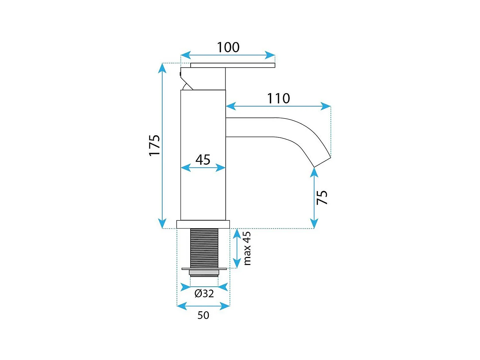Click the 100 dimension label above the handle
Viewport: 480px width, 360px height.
(x=228, y=47)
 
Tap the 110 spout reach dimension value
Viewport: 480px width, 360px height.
(x=279, y=99)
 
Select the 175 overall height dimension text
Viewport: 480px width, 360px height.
(x=155, y=145)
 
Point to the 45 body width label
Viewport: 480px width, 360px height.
(x=203, y=159)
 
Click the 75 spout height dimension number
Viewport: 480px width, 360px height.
(x=322, y=197)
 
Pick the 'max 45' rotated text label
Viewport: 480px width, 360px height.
(x=247, y=248)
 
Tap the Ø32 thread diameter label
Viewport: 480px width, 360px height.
(x=204, y=293)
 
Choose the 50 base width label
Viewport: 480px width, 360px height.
(x=203, y=315)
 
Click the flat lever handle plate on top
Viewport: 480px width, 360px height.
(x=233, y=65)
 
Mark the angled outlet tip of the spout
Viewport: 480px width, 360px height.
(x=322, y=162)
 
